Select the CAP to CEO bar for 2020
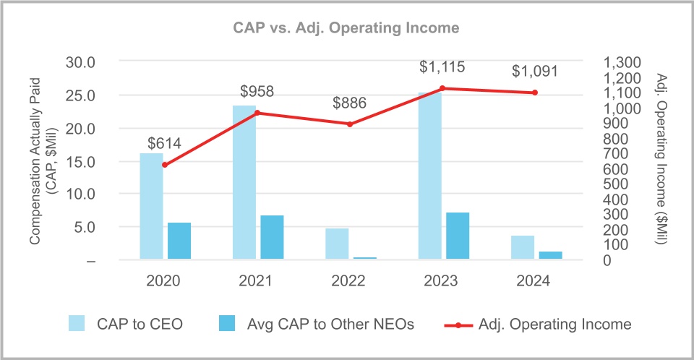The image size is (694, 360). tap(151, 206)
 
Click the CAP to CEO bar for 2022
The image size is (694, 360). tap(337, 244)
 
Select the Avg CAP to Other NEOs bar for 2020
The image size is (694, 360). tap(179, 241)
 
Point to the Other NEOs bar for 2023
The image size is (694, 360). tap(458, 236)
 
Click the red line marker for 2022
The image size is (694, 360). tap(350, 124)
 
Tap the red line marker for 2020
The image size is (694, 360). tap(165, 165)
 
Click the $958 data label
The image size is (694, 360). tap(257, 91)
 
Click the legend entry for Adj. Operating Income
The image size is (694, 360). tap(538, 325)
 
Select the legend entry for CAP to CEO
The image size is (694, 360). tap(125, 325)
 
